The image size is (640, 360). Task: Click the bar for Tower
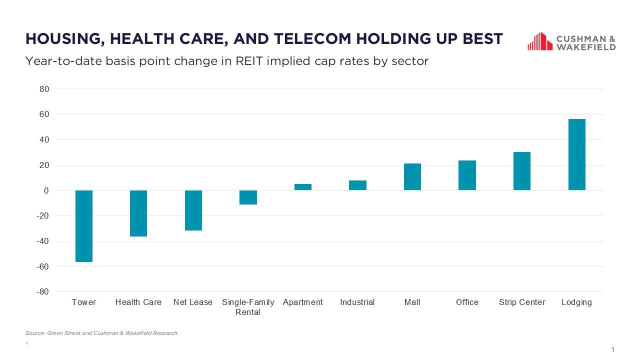coord(84,226)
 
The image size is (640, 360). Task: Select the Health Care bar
coord(138,213)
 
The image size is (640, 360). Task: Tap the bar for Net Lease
coord(193,210)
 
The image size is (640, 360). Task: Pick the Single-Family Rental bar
coord(248,197)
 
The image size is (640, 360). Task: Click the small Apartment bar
coord(303,187)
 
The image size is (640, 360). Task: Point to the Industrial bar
coord(357,185)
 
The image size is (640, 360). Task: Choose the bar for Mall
coord(412,177)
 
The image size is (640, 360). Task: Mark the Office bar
coord(467,175)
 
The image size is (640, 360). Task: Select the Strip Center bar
coord(522,171)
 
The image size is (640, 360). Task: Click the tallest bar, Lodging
coord(576,154)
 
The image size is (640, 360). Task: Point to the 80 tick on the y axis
coord(44,89)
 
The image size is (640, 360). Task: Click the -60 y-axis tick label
coord(42,266)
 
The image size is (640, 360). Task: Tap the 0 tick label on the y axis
coord(46,190)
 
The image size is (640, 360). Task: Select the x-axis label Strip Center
coord(522,302)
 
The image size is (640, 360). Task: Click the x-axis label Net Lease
coord(193,302)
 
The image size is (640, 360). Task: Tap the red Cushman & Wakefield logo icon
coord(539,41)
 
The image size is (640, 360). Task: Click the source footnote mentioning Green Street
coord(102,333)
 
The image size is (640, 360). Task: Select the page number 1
coord(612,349)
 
